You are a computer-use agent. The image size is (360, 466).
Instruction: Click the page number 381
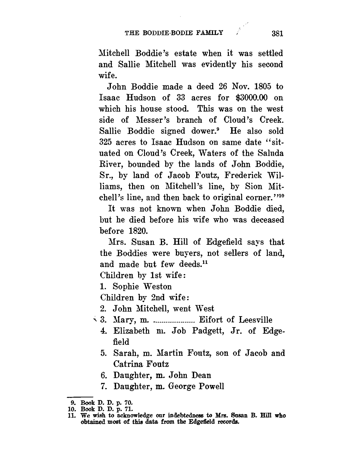point(277,33)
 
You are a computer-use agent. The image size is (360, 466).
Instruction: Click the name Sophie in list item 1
point(126,287)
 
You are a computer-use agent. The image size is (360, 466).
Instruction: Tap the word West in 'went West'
point(205,309)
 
